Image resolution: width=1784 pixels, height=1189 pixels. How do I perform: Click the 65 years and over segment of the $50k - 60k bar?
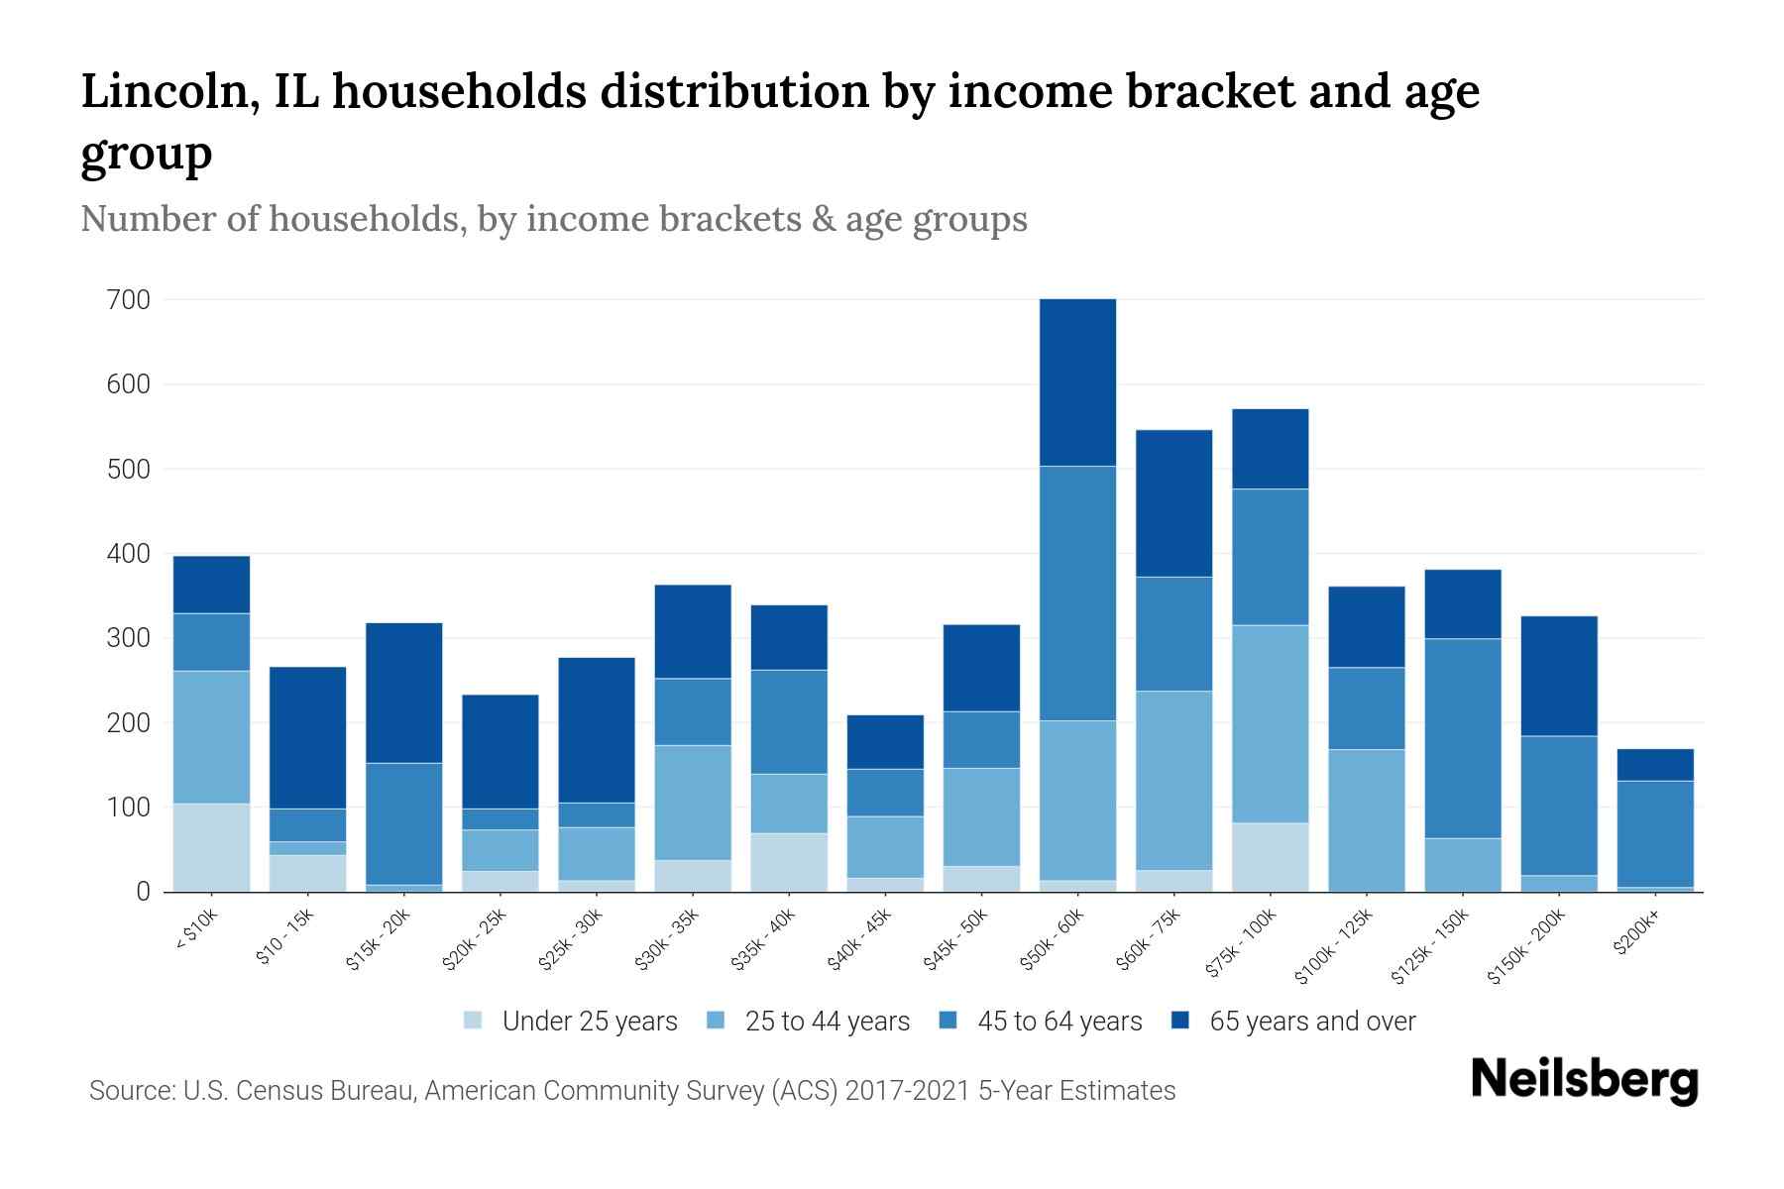click(1077, 382)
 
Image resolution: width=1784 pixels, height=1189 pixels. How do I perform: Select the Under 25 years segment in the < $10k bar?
click(211, 847)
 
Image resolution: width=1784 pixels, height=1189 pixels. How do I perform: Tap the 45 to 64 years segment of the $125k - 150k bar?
click(1462, 738)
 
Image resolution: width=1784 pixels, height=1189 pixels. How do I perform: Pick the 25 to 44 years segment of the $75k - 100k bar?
click(1270, 723)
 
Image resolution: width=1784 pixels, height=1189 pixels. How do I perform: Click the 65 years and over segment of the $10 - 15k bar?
click(307, 737)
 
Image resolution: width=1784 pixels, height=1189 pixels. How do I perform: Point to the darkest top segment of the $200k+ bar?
click(1654, 765)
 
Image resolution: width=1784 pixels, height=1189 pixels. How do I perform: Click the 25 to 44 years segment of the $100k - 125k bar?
click(1366, 820)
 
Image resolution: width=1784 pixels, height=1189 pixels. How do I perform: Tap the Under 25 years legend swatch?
click(474, 1021)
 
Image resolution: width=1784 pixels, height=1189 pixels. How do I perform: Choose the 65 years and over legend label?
click(1311, 1022)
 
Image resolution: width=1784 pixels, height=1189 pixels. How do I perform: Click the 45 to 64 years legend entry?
click(1059, 1022)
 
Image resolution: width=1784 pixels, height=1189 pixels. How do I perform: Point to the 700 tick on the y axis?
click(129, 299)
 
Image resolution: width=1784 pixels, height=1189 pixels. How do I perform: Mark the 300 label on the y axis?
click(129, 638)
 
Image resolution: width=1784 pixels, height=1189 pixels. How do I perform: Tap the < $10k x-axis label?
click(196, 931)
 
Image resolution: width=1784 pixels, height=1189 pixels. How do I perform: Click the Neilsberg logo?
click(1584, 1080)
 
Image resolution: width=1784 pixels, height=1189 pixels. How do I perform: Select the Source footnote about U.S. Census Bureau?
click(632, 1091)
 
